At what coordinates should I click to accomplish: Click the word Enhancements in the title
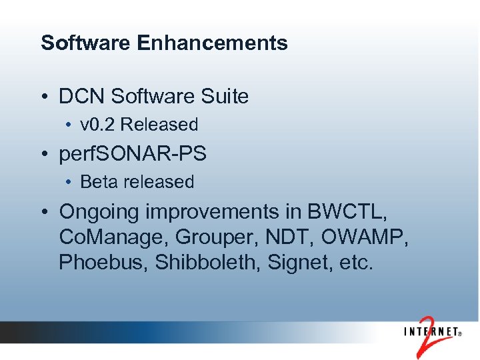pyautogui.click(x=212, y=43)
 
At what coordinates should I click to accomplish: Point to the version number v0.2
pyautogui.click(x=97, y=125)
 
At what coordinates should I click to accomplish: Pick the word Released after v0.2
pyautogui.click(x=159, y=125)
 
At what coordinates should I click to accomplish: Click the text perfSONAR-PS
pyautogui.click(x=133, y=154)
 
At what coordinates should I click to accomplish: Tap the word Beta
pyautogui.click(x=97, y=182)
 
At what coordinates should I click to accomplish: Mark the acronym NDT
pyautogui.click(x=278, y=238)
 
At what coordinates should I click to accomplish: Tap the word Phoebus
pyautogui.click(x=103, y=263)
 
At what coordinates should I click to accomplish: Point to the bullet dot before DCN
pyautogui.click(x=44, y=97)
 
